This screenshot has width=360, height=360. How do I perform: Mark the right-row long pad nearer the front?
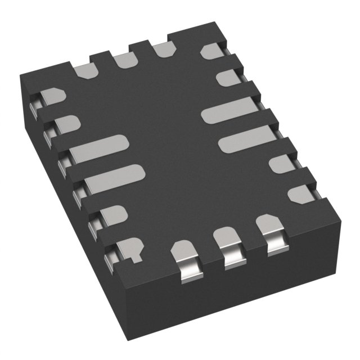click(244, 141)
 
